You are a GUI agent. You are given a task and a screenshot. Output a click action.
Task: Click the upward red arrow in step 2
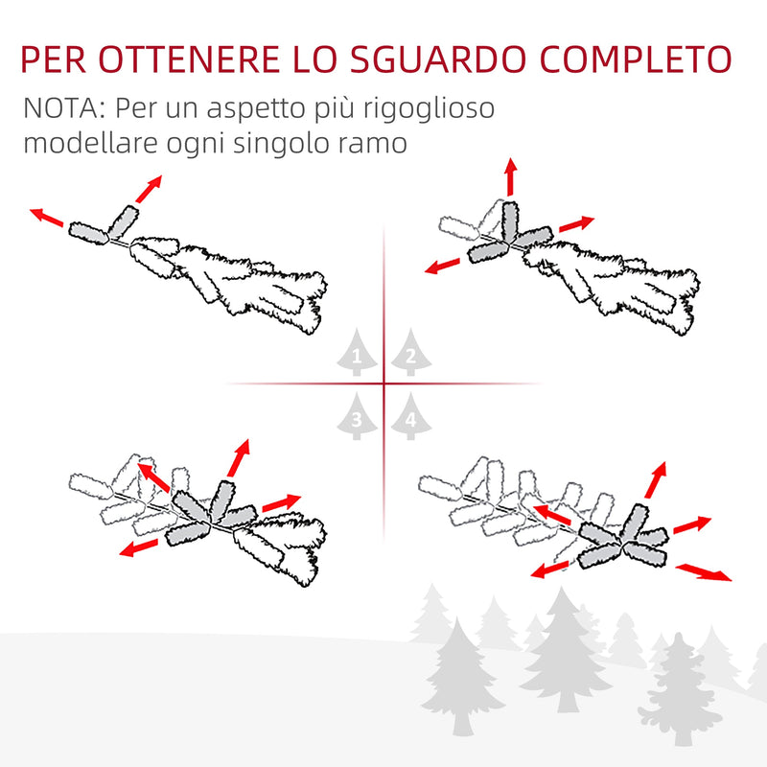click(510, 178)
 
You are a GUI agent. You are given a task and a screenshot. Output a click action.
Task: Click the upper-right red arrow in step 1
click(149, 189)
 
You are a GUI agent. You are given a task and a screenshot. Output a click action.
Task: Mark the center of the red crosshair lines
click(383, 384)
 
